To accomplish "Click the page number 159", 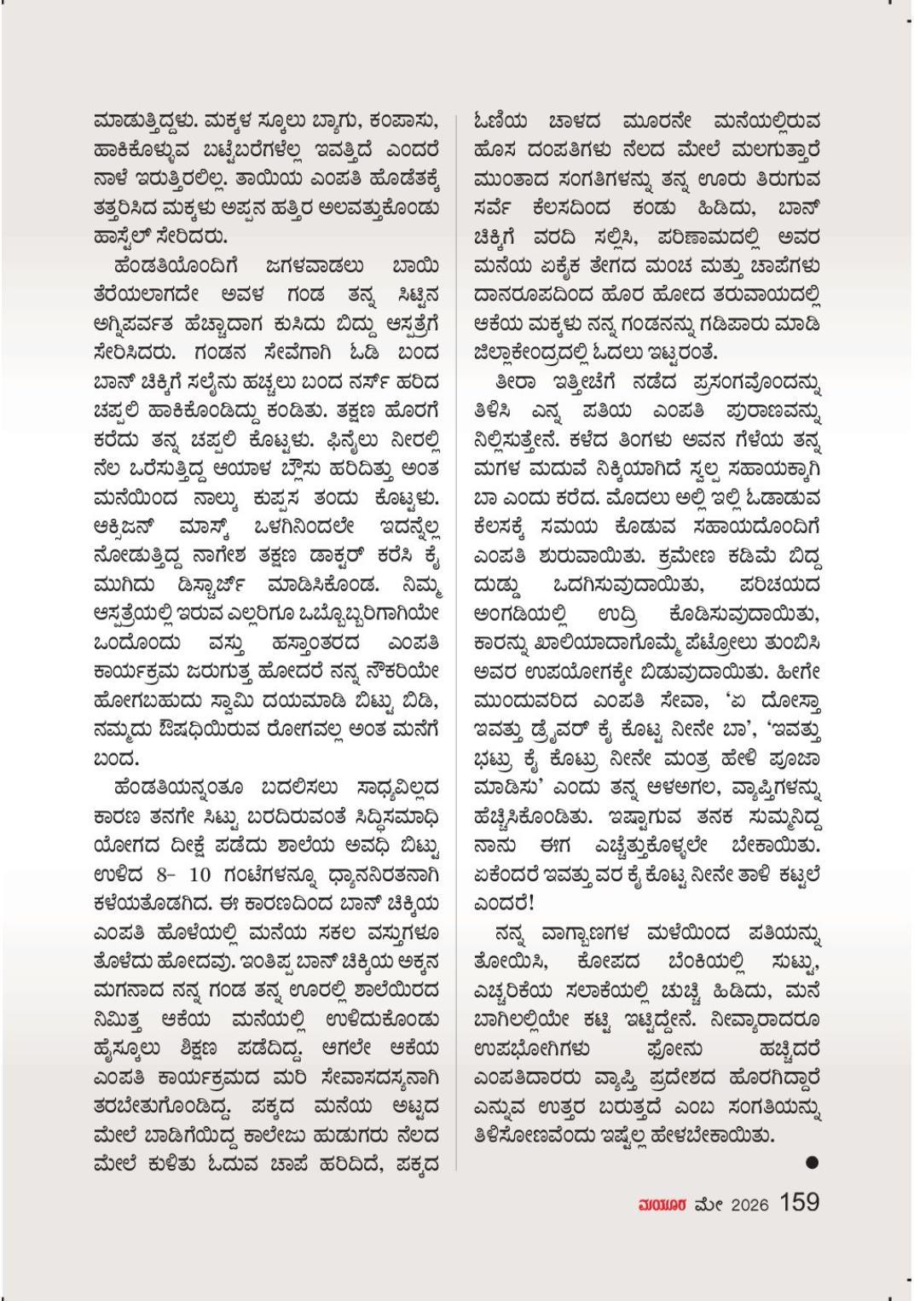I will [x=799, y=1201].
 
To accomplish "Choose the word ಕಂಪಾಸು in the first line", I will [x=403, y=120].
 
